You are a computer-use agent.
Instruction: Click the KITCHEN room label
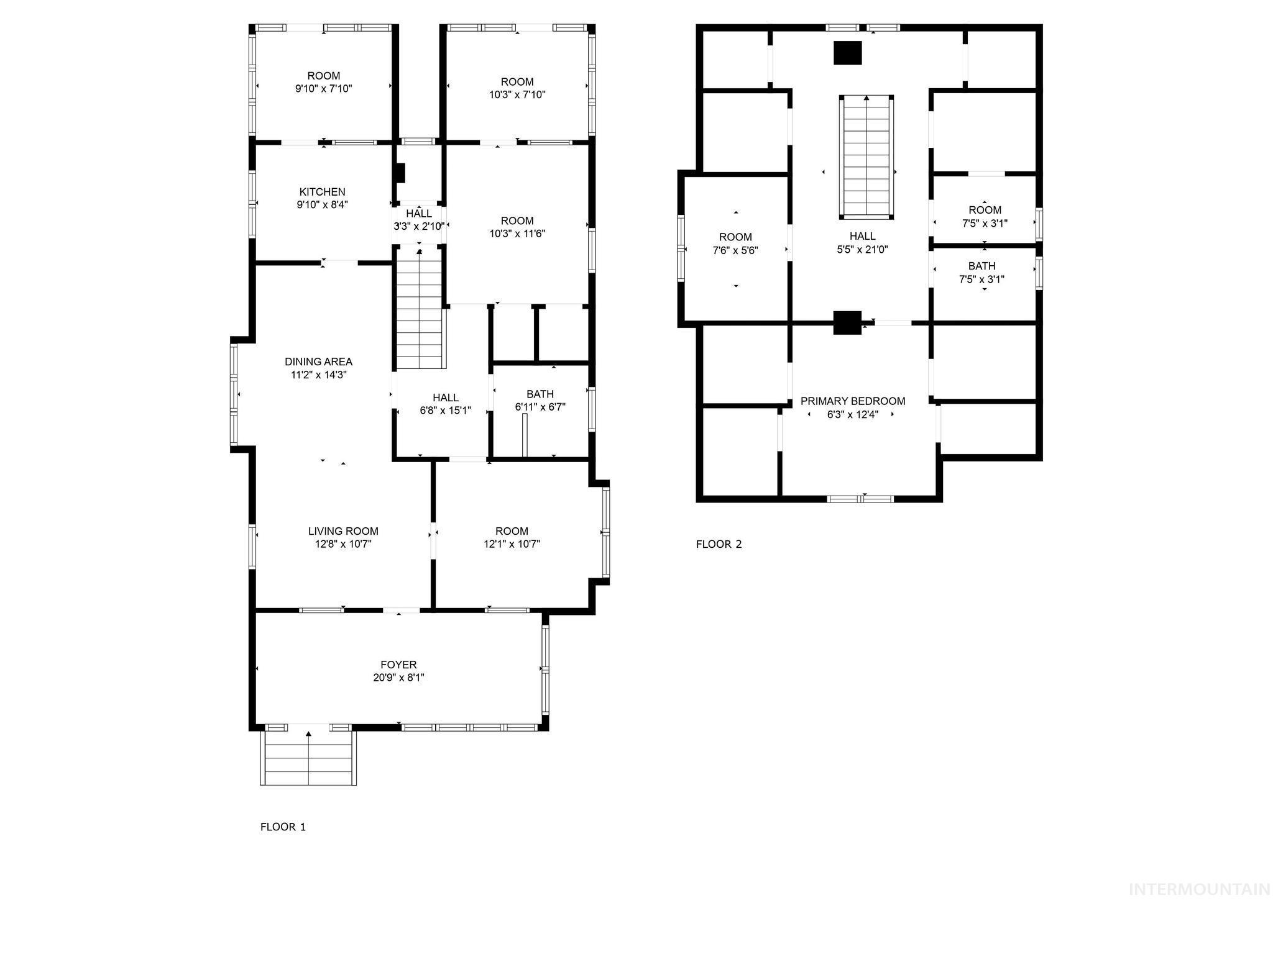tap(322, 192)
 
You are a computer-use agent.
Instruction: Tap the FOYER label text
tap(398, 665)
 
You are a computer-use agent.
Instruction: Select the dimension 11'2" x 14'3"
tap(318, 375)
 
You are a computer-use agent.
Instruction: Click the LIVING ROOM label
tap(343, 531)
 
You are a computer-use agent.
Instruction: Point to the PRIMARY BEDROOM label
tap(852, 401)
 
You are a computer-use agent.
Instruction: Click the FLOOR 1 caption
tap(283, 827)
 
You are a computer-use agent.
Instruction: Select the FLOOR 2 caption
tap(719, 544)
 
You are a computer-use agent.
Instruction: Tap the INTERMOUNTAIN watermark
tap(1199, 889)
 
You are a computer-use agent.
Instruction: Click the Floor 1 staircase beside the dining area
tap(421, 311)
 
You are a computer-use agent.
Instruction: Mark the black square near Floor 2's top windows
tap(847, 53)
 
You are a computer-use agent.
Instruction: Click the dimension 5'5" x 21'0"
tap(862, 250)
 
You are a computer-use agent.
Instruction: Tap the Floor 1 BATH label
tap(540, 394)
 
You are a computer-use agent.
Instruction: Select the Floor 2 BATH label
tap(981, 266)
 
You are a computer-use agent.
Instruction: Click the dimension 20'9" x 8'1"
tap(398, 678)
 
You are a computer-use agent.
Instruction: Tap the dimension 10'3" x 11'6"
tap(517, 234)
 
